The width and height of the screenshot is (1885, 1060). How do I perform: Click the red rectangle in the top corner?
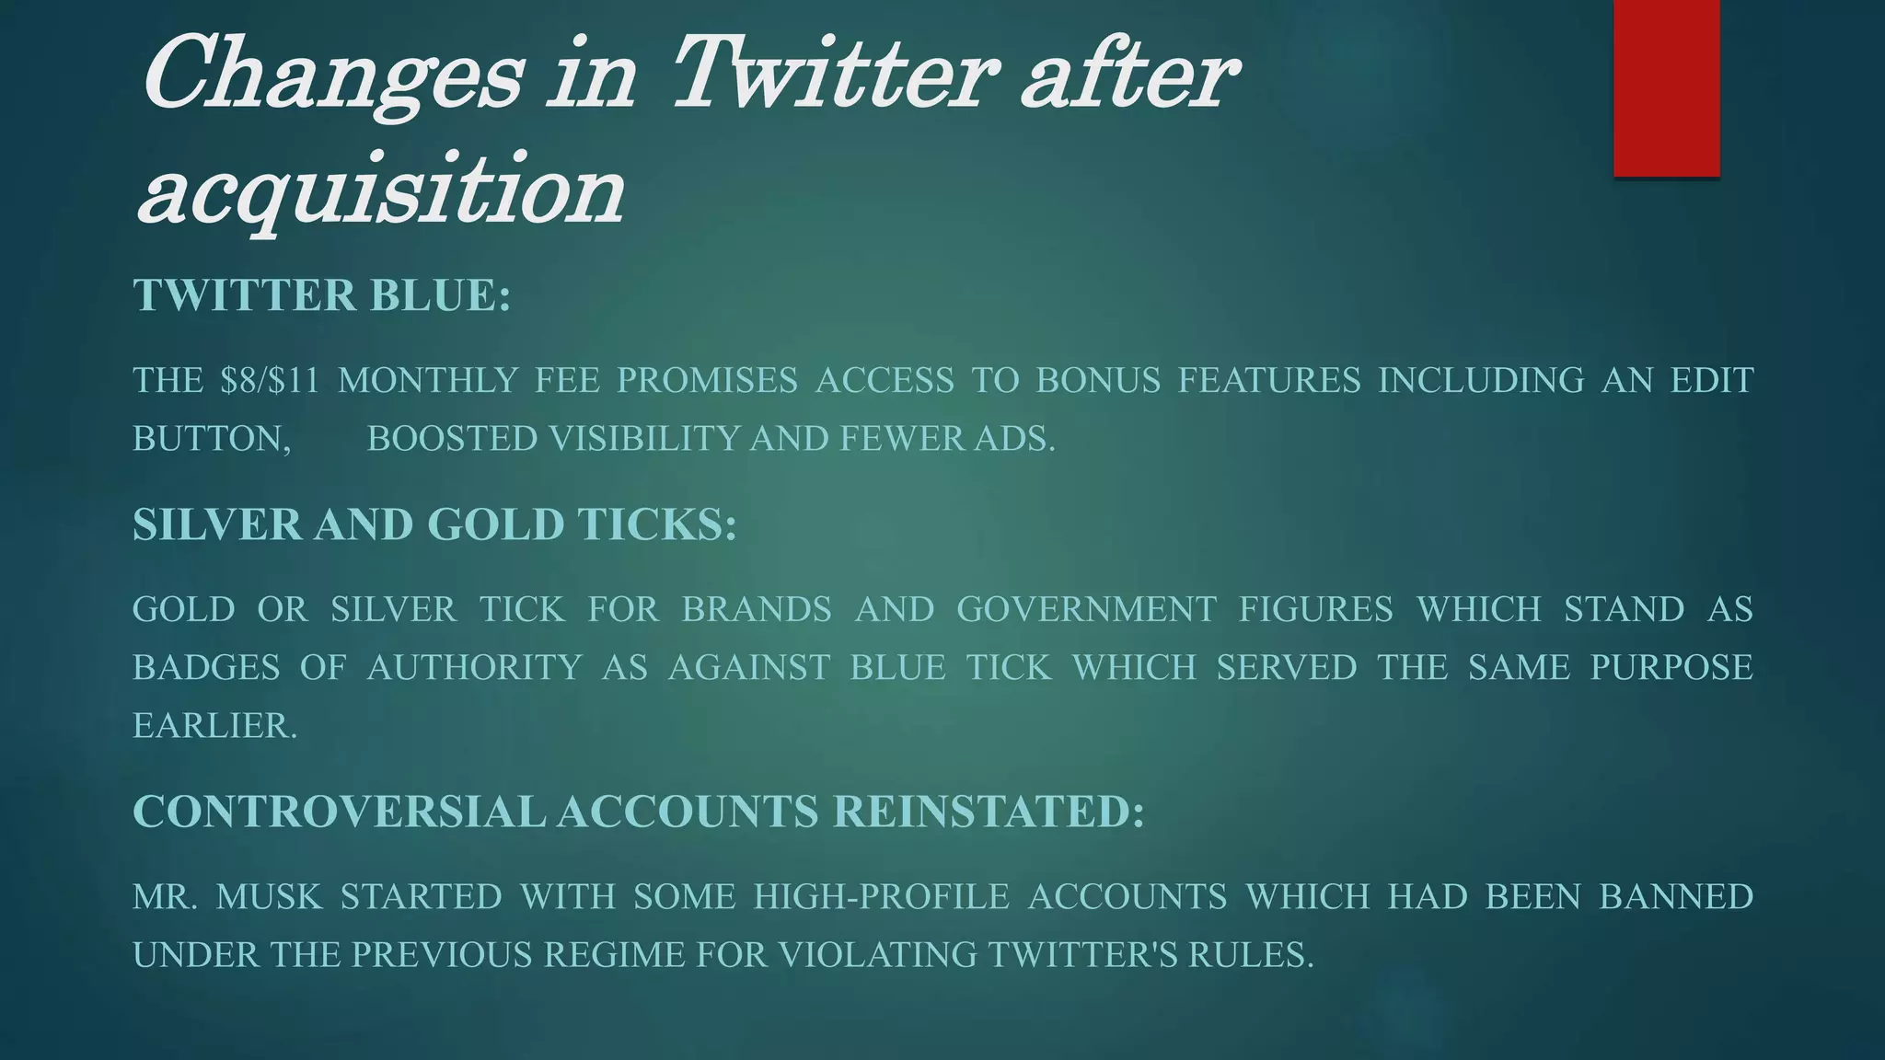tap(1666, 87)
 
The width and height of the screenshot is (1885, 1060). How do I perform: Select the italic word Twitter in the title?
tap(834, 74)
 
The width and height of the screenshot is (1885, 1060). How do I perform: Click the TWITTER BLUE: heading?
tap(321, 295)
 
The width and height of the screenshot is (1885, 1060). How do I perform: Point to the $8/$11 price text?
tap(270, 380)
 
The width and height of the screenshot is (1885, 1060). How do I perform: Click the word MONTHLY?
tap(428, 380)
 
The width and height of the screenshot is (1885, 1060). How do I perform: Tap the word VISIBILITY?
tap(644, 439)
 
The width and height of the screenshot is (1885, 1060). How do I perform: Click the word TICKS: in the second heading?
tap(657, 524)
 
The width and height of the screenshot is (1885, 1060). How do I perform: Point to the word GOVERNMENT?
tap(1086, 609)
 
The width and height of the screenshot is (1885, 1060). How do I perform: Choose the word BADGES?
tap(206, 667)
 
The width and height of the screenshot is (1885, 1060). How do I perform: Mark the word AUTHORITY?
tap(474, 667)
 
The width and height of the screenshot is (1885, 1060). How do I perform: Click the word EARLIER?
tap(215, 726)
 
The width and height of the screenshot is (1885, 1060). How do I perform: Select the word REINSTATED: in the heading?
tap(989, 812)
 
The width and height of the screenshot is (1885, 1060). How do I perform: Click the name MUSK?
tap(269, 896)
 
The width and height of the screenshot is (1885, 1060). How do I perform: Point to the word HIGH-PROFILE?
tap(881, 896)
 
